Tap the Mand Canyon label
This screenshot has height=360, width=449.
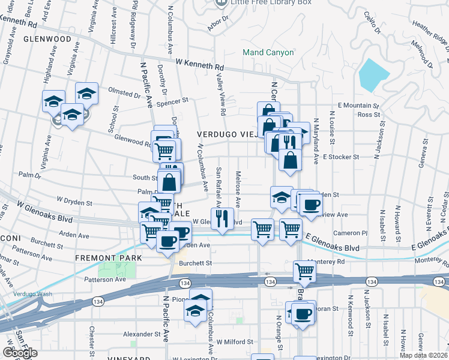[x=268, y=53]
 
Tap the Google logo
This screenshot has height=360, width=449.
[x=20, y=353]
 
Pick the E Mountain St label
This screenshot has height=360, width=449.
[x=360, y=105]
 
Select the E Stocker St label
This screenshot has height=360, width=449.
[x=340, y=157]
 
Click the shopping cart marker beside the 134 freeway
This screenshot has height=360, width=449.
[x=304, y=272]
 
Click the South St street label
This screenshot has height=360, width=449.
[x=145, y=178]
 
